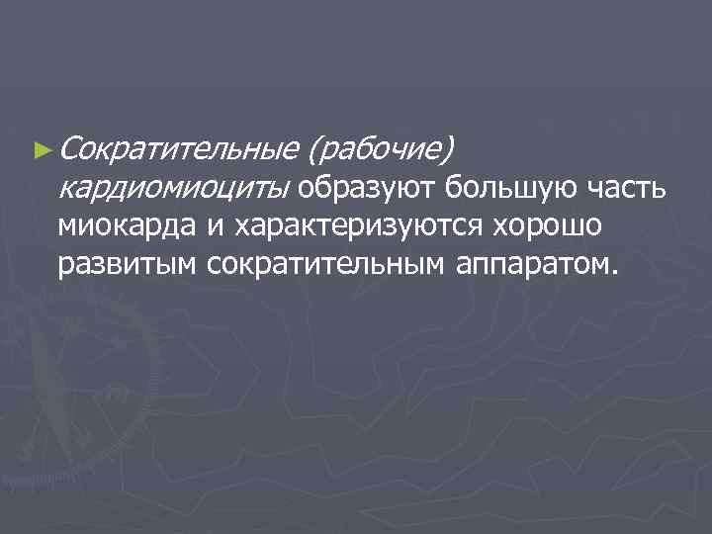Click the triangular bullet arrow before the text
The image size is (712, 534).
(41, 150)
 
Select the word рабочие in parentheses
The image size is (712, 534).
(381, 150)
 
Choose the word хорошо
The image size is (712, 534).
(540, 226)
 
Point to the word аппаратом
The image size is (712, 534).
(531, 265)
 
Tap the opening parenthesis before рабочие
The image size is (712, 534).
(315, 150)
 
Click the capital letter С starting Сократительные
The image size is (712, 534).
(68, 149)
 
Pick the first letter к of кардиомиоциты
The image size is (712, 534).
(65, 188)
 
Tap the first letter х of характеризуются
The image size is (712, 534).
(240, 226)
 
